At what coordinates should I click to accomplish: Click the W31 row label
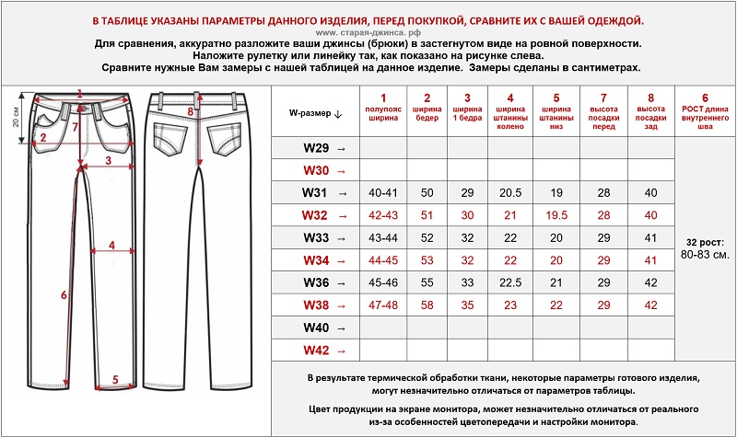[315, 192]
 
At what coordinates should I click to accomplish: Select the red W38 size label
[315, 305]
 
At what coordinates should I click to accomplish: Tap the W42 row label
[315, 351]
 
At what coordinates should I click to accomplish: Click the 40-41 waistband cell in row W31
[382, 192]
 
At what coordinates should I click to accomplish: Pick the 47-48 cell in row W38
[382, 305]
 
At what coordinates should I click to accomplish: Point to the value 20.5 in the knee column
[510, 192]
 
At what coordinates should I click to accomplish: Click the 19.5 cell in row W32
[556, 215]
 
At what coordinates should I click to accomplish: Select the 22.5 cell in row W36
[510, 282]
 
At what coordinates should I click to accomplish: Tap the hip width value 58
[427, 305]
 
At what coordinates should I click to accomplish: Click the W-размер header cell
[315, 113]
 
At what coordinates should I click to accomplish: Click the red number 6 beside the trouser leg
[63, 295]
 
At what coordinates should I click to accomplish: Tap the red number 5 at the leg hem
[115, 378]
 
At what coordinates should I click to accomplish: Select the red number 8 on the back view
[190, 111]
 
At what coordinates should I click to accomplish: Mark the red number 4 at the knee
[111, 245]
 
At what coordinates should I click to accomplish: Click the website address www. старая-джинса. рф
[368, 32]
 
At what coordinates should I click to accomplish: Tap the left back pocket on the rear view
[169, 138]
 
